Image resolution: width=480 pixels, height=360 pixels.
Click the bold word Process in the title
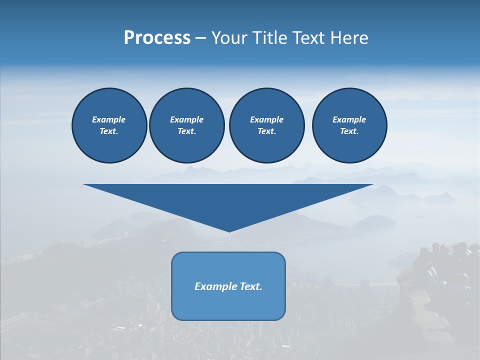157,38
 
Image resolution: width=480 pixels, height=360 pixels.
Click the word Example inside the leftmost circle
109,119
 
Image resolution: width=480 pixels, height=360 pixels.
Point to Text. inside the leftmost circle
109,131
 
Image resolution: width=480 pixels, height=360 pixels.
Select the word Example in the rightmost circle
349,119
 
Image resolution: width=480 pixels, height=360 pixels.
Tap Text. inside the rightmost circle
349,131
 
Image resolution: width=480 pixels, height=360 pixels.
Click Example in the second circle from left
186,119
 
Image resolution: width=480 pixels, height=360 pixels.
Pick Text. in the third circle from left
266,131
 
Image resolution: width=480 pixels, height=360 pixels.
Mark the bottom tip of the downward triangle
229,230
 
